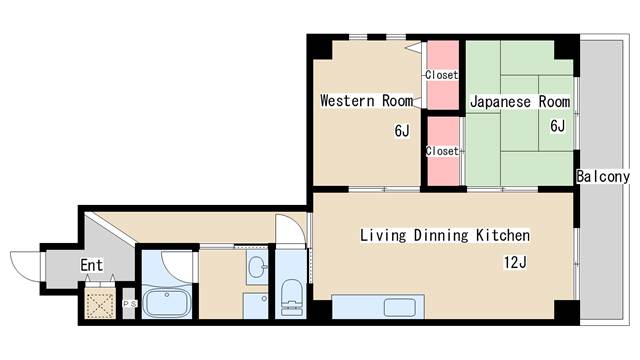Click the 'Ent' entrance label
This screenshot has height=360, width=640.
(91, 265)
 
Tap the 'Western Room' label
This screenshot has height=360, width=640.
(367, 100)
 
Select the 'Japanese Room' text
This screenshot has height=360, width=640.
(520, 102)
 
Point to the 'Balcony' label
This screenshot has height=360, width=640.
(603, 176)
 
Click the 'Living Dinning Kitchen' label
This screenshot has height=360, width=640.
(445, 235)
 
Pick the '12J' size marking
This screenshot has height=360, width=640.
(515, 262)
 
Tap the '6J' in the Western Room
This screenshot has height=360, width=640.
(402, 131)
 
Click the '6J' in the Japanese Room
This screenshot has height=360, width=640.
(558, 126)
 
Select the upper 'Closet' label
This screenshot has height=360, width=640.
(442, 75)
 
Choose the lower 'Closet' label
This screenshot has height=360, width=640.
(442, 151)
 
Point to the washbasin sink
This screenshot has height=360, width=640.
(257, 266)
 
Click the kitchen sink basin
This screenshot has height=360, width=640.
(400, 307)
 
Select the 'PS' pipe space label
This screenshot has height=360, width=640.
(130, 304)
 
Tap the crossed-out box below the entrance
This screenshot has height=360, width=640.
(100, 303)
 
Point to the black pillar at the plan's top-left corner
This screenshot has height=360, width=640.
(320, 47)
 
